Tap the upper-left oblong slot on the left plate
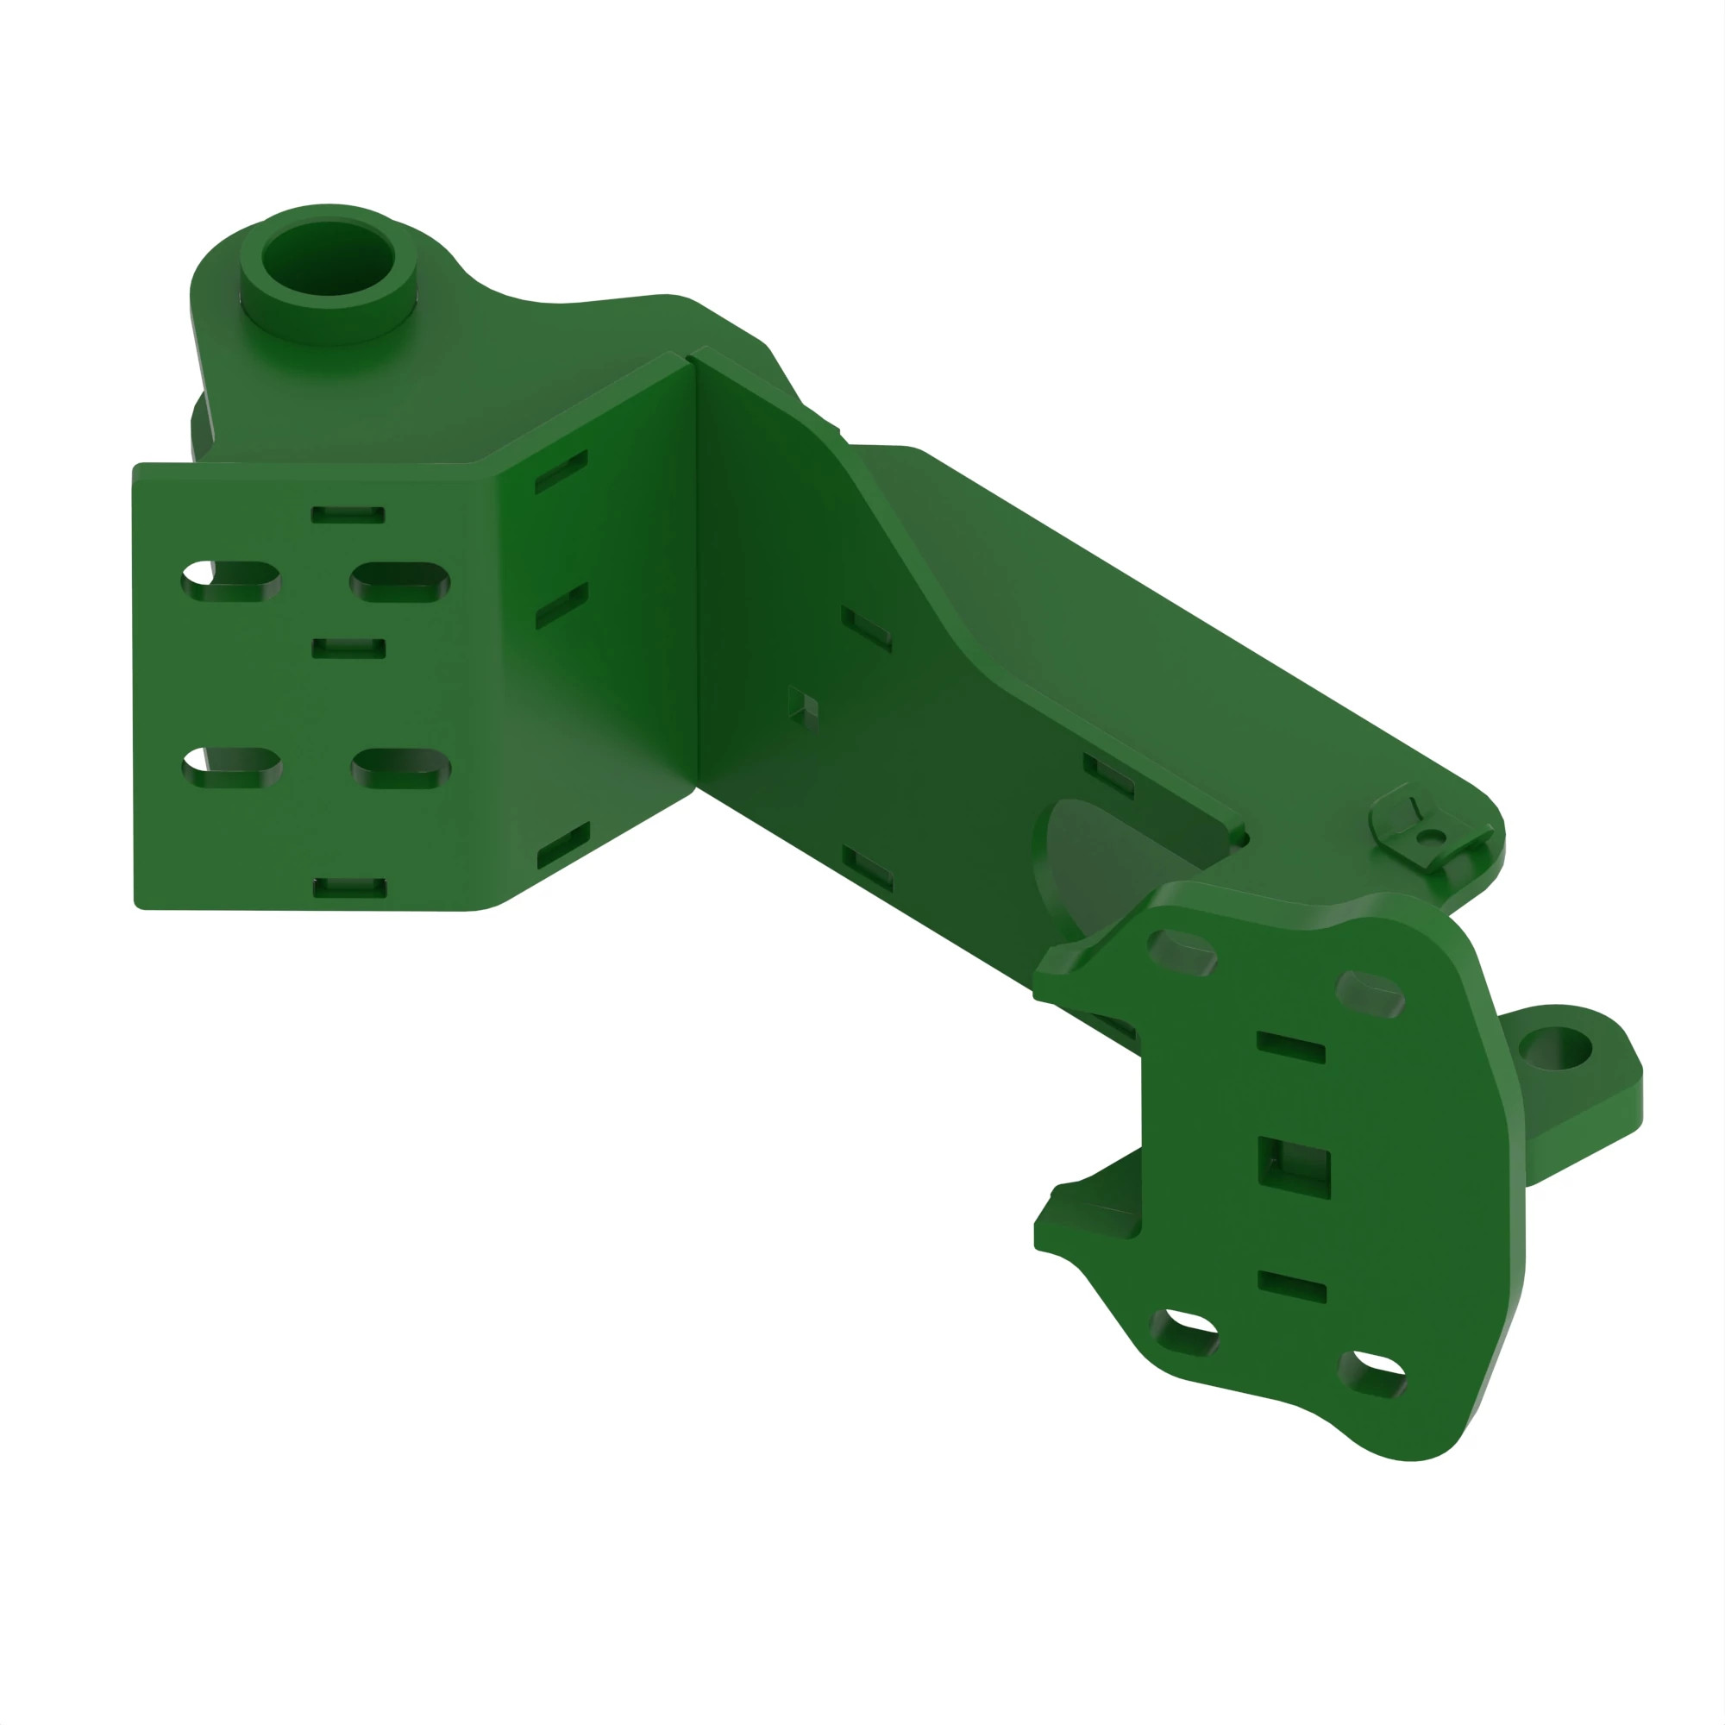click(x=231, y=581)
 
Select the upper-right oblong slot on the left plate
click(x=400, y=582)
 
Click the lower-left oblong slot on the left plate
click(x=232, y=768)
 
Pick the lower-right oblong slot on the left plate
click(x=401, y=768)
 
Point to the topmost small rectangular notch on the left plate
click(x=348, y=515)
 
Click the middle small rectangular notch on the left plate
click(x=349, y=649)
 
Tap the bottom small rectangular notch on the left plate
click(x=350, y=887)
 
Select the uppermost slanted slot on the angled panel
click(x=561, y=472)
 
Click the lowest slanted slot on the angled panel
click(x=563, y=844)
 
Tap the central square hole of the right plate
click(x=1294, y=1167)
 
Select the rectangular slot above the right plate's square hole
click(x=1290, y=1047)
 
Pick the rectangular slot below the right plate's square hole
click(x=1292, y=1287)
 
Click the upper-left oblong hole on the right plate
click(x=1182, y=953)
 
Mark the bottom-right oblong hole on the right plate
click(x=1373, y=1375)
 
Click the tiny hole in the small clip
click(x=1431, y=837)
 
